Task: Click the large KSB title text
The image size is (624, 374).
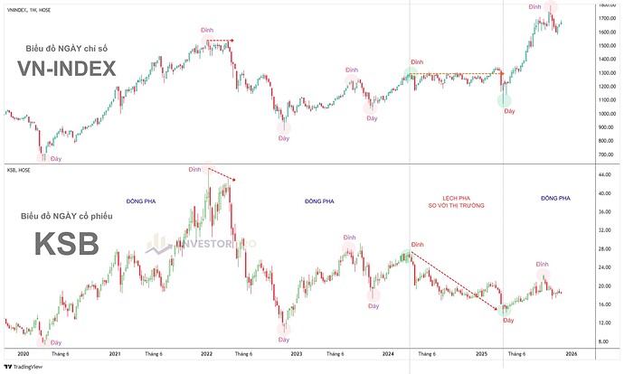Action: click(x=71, y=245)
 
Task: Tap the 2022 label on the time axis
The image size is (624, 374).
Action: click(x=207, y=354)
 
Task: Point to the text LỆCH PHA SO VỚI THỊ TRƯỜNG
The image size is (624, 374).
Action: click(x=444, y=201)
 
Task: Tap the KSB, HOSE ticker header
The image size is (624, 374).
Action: click(x=18, y=167)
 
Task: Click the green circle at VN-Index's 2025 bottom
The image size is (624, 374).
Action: click(x=504, y=99)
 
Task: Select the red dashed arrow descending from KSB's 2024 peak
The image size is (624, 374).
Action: click(x=457, y=283)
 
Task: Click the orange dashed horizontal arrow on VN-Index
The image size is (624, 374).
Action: click(x=457, y=73)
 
